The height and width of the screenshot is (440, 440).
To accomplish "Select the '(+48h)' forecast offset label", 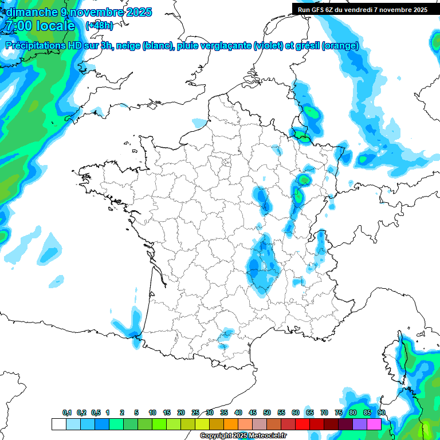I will pos(100,26).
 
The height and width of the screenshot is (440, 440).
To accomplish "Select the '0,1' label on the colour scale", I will pos(67,412).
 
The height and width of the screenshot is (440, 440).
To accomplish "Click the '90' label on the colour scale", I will pos(381,412).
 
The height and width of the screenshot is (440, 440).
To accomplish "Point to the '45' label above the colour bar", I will pos(253,412).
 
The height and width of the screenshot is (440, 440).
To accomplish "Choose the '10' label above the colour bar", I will pos(152,412).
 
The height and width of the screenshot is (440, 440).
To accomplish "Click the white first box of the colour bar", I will pos(58,424).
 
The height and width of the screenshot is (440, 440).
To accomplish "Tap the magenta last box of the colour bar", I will pos(374,424).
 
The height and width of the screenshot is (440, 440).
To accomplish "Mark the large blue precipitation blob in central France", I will pos(262,266).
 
